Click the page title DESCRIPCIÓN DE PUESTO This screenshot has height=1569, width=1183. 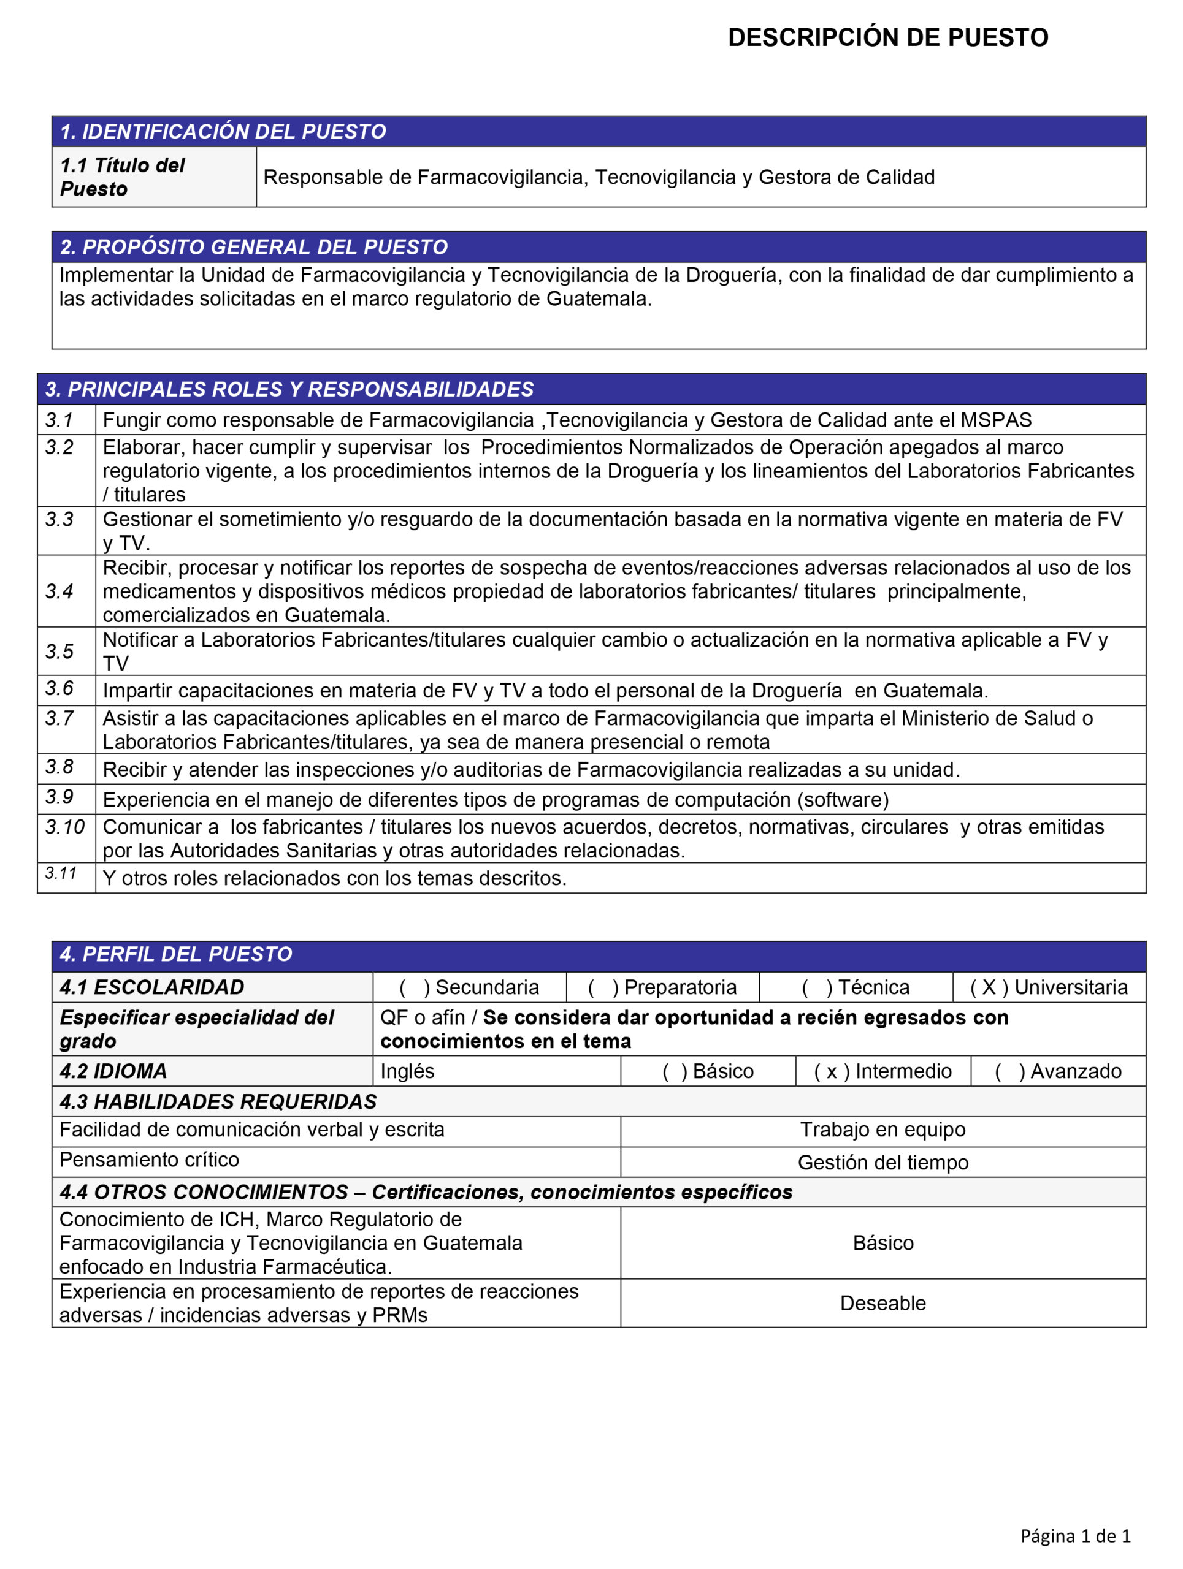pos(888,37)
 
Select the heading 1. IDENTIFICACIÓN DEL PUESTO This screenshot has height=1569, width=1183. pos(223,132)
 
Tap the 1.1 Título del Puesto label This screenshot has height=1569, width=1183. pos(122,177)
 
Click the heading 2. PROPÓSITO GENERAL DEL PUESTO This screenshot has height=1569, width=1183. pos(253,247)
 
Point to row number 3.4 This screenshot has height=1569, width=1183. pos(59,591)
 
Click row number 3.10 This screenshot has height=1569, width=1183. pos(64,827)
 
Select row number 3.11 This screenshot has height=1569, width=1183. pos(61,873)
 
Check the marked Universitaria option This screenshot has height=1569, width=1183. pos(1048,987)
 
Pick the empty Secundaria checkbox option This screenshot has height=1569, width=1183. pos(469,987)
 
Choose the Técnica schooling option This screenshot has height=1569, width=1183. pos(855,987)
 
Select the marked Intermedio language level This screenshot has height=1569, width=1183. pos(883,1071)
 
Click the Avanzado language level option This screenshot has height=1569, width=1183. pos(1057,1071)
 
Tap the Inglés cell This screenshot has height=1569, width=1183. pos(407,1071)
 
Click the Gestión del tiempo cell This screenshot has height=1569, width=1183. pos(883,1163)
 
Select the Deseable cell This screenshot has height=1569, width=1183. pos(883,1303)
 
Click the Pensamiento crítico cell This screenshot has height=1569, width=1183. pos(149,1160)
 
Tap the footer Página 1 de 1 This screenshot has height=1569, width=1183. pos(1075,1536)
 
